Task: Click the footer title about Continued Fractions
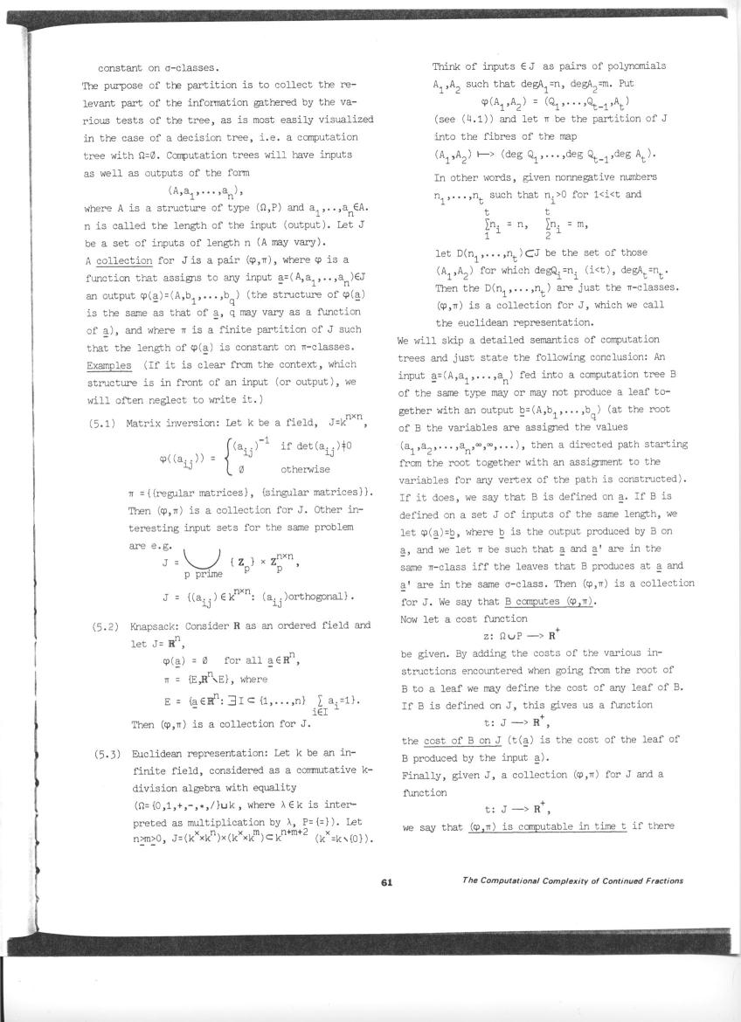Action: (571, 880)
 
